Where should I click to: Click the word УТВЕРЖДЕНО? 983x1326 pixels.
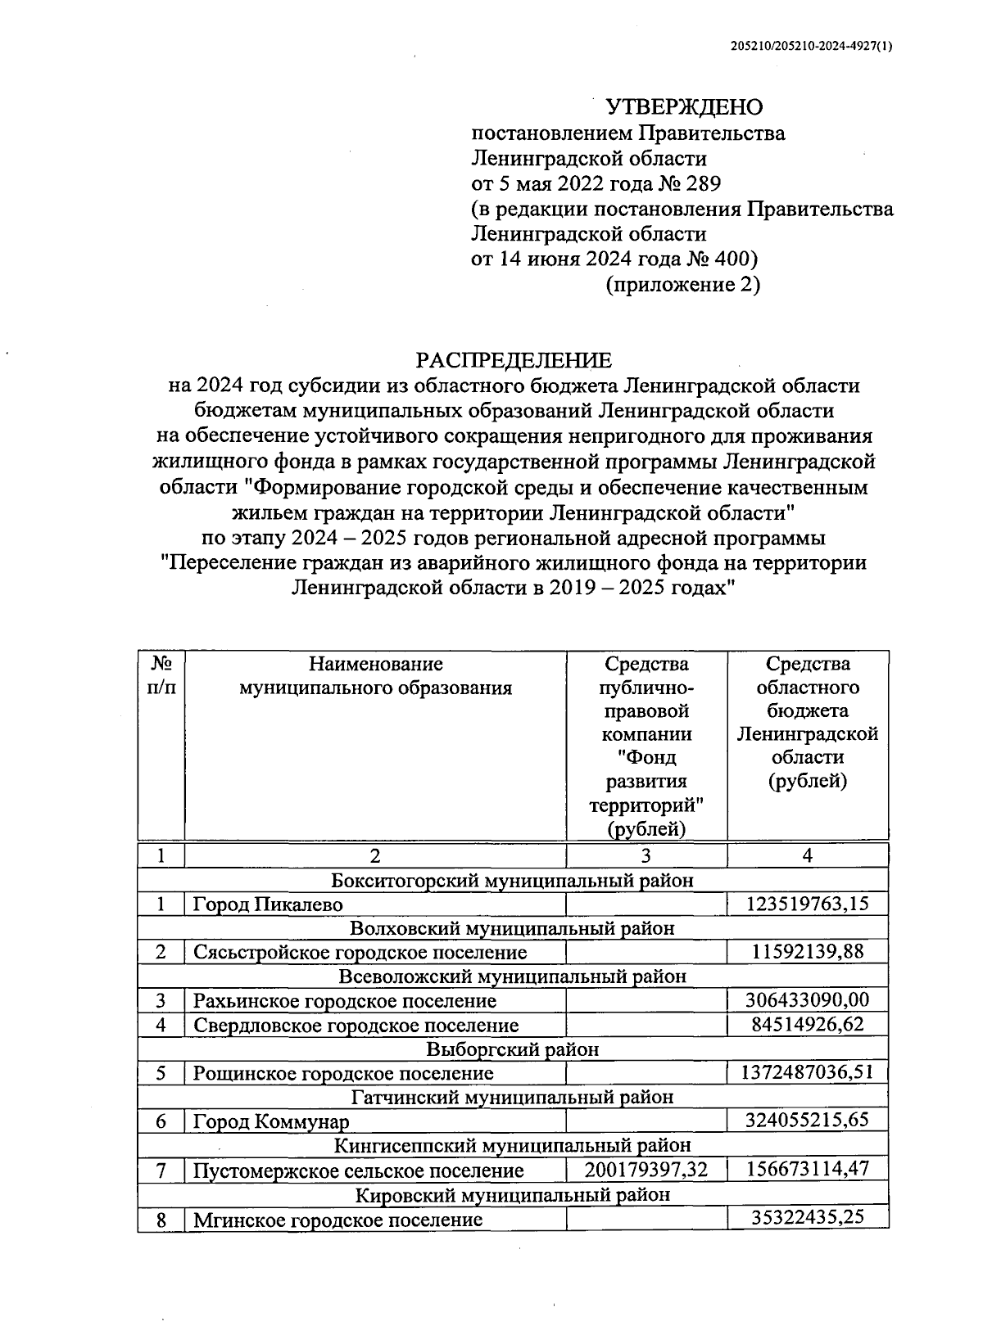click(683, 107)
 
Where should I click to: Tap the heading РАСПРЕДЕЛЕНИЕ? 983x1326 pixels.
click(514, 360)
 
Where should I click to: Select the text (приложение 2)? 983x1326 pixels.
click(682, 285)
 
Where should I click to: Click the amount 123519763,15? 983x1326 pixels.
click(807, 904)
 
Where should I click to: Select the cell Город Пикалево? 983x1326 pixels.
click(268, 904)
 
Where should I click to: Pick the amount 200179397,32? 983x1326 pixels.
click(646, 1170)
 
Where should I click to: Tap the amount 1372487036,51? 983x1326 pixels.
click(807, 1072)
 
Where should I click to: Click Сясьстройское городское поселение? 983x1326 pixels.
click(360, 953)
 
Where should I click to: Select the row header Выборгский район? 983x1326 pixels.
click(513, 1049)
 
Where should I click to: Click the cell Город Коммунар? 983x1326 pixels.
click(271, 1121)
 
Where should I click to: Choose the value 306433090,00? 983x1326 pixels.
click(807, 1000)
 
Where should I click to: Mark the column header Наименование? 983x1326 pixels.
click(375, 664)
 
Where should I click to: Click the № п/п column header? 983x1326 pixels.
click(161, 675)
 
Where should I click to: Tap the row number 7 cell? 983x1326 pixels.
click(161, 1170)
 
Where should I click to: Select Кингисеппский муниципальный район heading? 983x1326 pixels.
click(513, 1145)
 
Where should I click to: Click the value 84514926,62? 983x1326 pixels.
click(807, 1025)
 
